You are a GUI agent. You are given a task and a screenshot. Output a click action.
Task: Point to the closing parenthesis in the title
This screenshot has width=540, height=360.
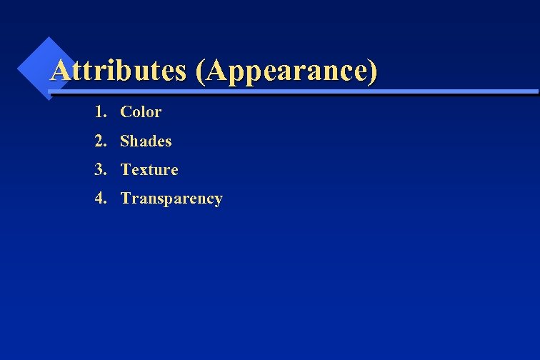[x=371, y=71]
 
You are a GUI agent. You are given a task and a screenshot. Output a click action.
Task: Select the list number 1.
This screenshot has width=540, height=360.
[x=99, y=112]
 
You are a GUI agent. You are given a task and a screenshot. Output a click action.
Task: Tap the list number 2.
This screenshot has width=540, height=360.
[x=99, y=141]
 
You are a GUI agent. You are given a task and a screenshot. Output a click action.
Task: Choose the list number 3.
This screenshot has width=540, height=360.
[x=99, y=170]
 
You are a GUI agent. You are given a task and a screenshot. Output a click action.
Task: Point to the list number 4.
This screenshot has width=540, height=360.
[x=99, y=199]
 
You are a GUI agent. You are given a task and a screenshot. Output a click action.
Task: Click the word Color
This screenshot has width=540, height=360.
[x=141, y=112]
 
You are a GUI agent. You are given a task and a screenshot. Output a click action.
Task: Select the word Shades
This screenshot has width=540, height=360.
[x=146, y=141]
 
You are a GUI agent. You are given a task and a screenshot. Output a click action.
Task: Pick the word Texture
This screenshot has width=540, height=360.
[x=149, y=170]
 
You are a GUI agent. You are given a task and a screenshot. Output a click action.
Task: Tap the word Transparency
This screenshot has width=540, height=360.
[x=171, y=199]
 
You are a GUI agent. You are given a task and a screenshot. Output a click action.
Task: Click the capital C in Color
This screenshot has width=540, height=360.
[x=126, y=112]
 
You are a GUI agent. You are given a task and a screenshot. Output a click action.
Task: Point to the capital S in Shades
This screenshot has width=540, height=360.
[x=125, y=141]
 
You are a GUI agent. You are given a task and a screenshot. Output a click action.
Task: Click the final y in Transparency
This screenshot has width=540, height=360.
[x=219, y=200]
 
